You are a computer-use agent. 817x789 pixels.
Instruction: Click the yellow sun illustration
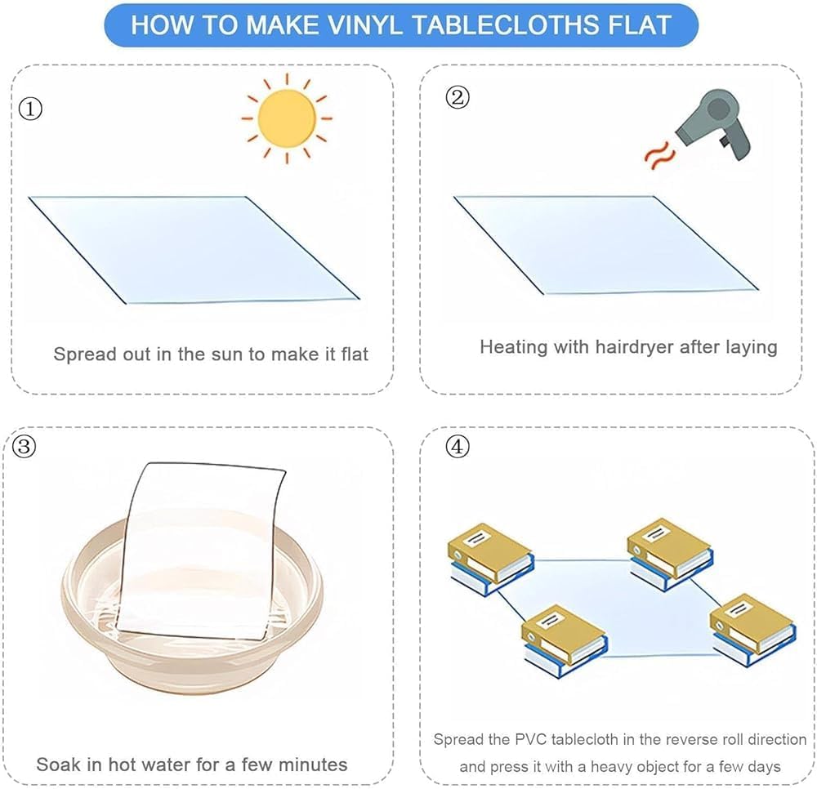pyautogui.click(x=287, y=118)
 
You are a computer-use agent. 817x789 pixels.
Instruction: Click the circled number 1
pyautogui.click(x=30, y=109)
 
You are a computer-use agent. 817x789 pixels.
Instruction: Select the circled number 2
pyautogui.click(x=458, y=97)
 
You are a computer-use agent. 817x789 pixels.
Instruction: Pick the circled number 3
pyautogui.click(x=24, y=447)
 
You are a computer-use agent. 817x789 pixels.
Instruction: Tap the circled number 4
pyautogui.click(x=458, y=447)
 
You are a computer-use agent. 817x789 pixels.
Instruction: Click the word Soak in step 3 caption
pyautogui.click(x=59, y=764)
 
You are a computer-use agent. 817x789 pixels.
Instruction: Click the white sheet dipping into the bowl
pyautogui.click(x=201, y=551)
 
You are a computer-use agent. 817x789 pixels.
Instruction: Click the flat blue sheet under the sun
pyautogui.click(x=194, y=249)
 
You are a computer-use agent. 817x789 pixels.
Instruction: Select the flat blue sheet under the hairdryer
pyautogui.click(x=606, y=245)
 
